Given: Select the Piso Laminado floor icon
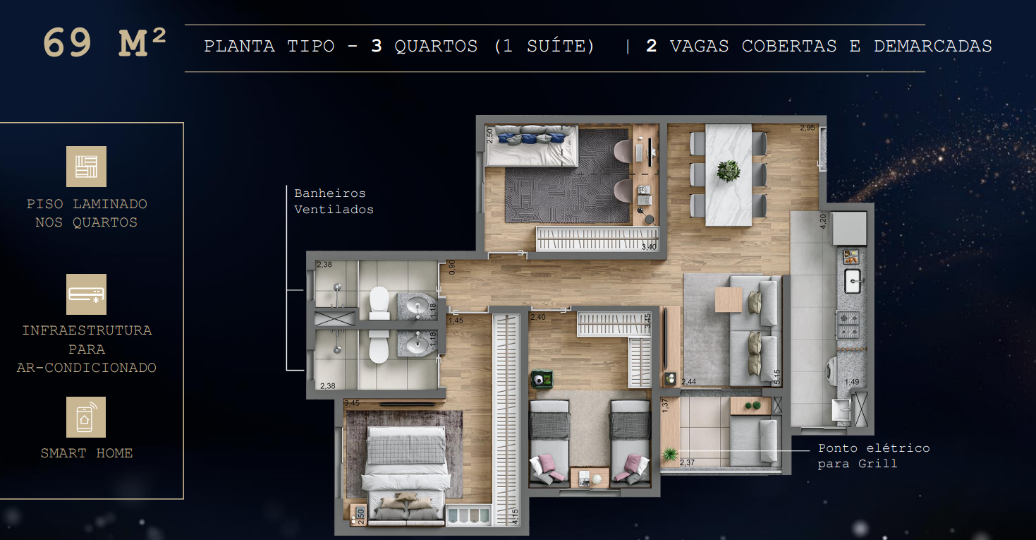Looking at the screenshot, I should [x=86, y=167].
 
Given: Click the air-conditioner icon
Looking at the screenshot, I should [x=86, y=294].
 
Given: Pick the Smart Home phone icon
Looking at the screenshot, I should [x=86, y=416].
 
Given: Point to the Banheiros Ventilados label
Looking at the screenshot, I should [x=334, y=201].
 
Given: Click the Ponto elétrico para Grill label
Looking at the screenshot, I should [x=873, y=455].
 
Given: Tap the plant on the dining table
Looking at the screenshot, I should [x=728, y=171].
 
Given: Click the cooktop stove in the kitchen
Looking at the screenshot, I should [x=848, y=324].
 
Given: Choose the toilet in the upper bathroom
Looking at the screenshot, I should [x=379, y=303].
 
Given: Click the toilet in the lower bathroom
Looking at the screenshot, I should [x=379, y=347].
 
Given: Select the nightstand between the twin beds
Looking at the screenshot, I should [x=589, y=477].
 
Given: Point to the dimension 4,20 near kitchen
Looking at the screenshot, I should [x=822, y=221].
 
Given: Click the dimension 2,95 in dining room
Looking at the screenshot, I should [x=807, y=128].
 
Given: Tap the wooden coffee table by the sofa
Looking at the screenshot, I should [x=728, y=299].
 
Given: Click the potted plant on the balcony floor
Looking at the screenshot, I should [x=669, y=453].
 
